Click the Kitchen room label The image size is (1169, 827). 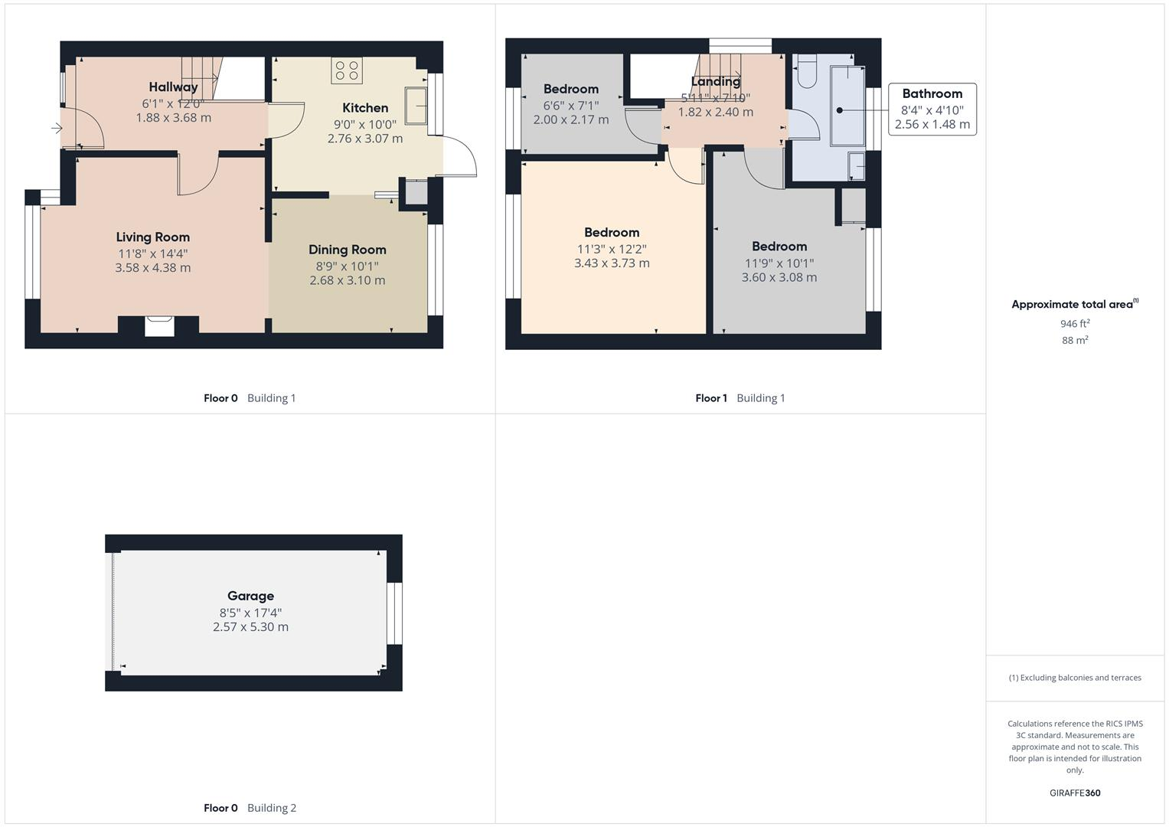click(364, 108)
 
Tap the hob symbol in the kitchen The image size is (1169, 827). click(346, 70)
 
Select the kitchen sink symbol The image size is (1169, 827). click(416, 105)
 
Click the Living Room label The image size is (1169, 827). click(152, 237)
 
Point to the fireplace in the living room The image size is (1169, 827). click(159, 325)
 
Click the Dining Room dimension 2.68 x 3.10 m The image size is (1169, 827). click(347, 280)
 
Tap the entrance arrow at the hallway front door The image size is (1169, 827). click(57, 128)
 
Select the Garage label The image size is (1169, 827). click(250, 596)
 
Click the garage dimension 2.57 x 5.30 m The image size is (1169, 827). click(250, 626)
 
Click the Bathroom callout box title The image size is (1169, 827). click(932, 93)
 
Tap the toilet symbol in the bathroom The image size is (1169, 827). click(806, 73)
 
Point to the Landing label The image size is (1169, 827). click(715, 81)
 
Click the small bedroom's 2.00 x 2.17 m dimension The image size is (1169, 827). click(570, 119)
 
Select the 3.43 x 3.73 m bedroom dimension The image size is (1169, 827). click(612, 263)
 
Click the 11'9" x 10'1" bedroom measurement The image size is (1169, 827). click(779, 263)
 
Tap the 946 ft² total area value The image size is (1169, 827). click(1074, 324)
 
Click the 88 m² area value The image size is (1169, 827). click(1074, 340)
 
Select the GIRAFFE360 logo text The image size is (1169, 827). click(1074, 793)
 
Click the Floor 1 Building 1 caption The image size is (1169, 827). click(740, 398)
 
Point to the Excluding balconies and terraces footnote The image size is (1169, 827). click(1074, 678)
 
